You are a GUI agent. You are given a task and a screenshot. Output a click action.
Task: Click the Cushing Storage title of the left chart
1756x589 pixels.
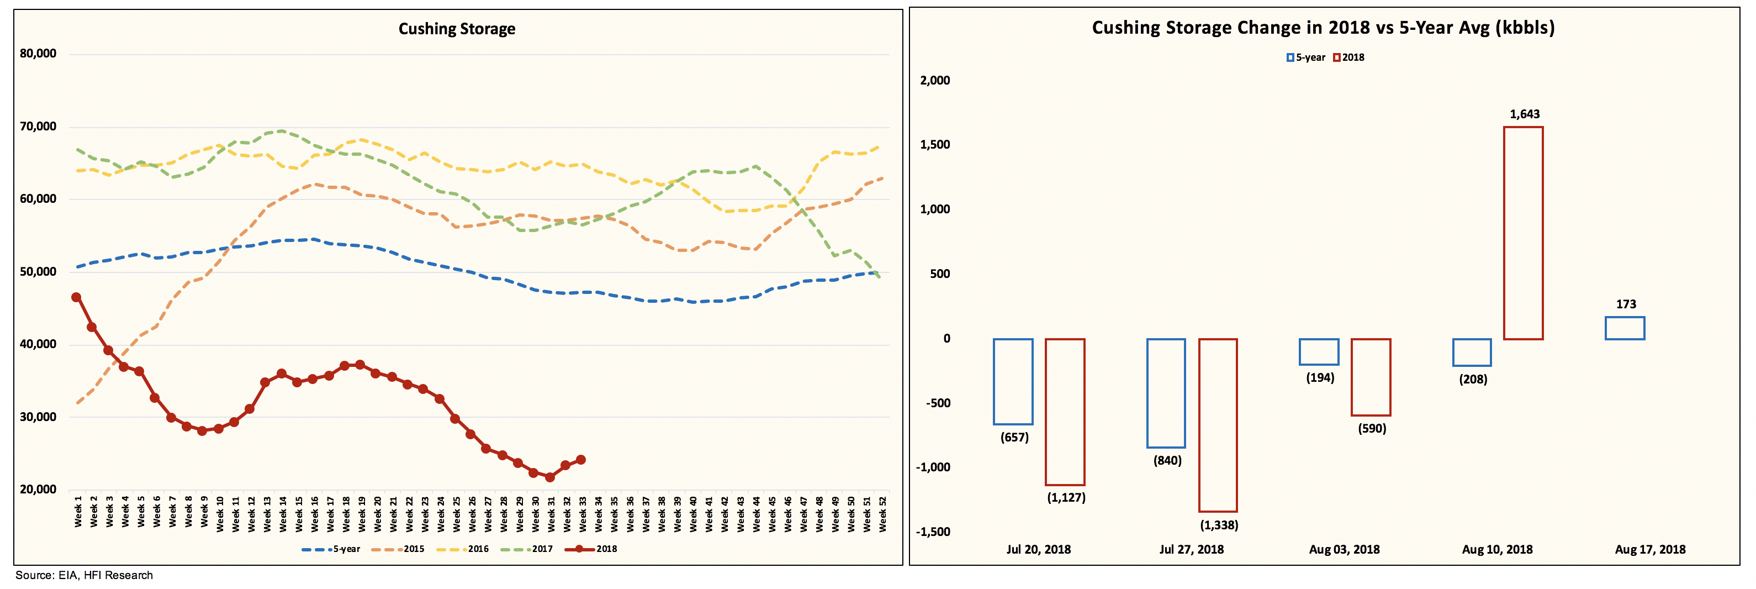[457, 29]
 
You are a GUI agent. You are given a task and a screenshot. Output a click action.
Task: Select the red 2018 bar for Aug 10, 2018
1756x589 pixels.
[1523, 233]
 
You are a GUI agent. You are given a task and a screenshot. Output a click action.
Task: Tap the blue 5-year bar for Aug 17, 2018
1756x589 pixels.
[1625, 328]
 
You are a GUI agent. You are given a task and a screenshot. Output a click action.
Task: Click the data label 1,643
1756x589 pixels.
[1524, 114]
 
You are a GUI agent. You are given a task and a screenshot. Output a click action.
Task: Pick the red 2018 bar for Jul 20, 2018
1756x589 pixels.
[1065, 412]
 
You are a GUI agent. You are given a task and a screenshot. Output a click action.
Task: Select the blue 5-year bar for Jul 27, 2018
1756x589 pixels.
[1166, 393]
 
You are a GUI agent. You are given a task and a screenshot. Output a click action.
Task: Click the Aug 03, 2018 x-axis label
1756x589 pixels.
[1344, 549]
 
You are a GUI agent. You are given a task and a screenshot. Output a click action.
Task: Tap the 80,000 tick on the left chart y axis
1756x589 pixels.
[38, 53]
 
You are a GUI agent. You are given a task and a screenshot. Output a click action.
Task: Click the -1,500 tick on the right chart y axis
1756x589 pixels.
[933, 532]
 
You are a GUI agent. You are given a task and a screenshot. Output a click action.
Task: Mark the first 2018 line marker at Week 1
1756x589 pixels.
[76, 297]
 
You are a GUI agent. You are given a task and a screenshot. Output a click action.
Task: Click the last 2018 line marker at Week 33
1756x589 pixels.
[581, 460]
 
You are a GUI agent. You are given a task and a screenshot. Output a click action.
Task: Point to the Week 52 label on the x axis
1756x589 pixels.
[882, 513]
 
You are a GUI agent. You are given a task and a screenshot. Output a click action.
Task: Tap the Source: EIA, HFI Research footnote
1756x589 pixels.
[84, 575]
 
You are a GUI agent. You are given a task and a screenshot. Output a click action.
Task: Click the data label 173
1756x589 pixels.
[1626, 304]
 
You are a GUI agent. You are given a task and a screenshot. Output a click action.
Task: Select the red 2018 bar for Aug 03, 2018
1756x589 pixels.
[1371, 377]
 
